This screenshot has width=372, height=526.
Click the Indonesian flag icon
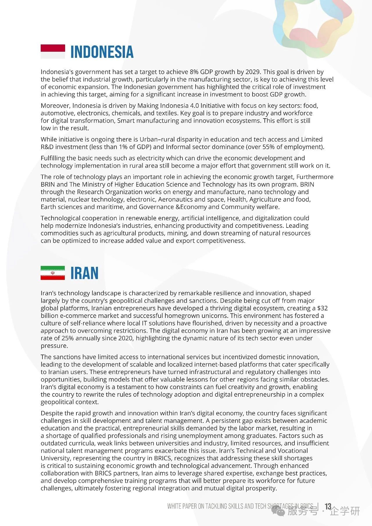(53, 51)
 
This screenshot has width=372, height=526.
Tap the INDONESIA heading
(102, 52)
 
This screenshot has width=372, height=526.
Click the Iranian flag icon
(53, 273)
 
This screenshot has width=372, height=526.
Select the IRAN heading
(85, 273)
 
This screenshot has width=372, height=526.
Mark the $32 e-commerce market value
(322, 308)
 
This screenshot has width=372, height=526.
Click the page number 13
(328, 507)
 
